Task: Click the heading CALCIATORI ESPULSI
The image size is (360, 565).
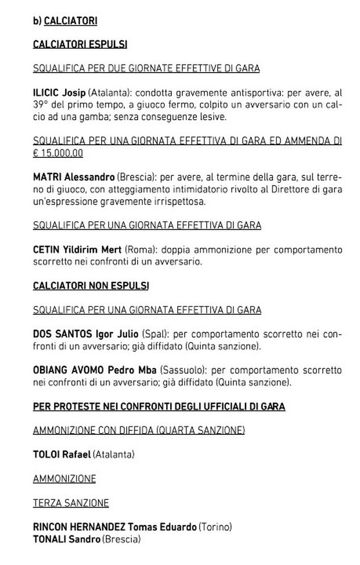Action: (x=80, y=44)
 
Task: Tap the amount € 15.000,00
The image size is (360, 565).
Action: (x=58, y=153)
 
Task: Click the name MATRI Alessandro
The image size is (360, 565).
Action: (x=74, y=177)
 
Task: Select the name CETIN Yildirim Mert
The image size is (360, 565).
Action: (x=77, y=250)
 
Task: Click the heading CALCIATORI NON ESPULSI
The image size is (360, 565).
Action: (x=91, y=286)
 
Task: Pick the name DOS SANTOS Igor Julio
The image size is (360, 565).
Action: (x=85, y=334)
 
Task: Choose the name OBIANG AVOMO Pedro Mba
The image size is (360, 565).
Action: (x=94, y=370)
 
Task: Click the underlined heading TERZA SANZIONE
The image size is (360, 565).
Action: (x=71, y=503)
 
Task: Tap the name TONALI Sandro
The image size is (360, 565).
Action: (x=66, y=539)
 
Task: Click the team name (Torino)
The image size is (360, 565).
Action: (x=215, y=527)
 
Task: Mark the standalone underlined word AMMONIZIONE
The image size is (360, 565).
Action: (x=64, y=478)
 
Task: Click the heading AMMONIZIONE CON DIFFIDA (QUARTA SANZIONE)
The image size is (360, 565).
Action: (x=139, y=430)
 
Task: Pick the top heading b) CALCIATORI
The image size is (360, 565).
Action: (x=65, y=20)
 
